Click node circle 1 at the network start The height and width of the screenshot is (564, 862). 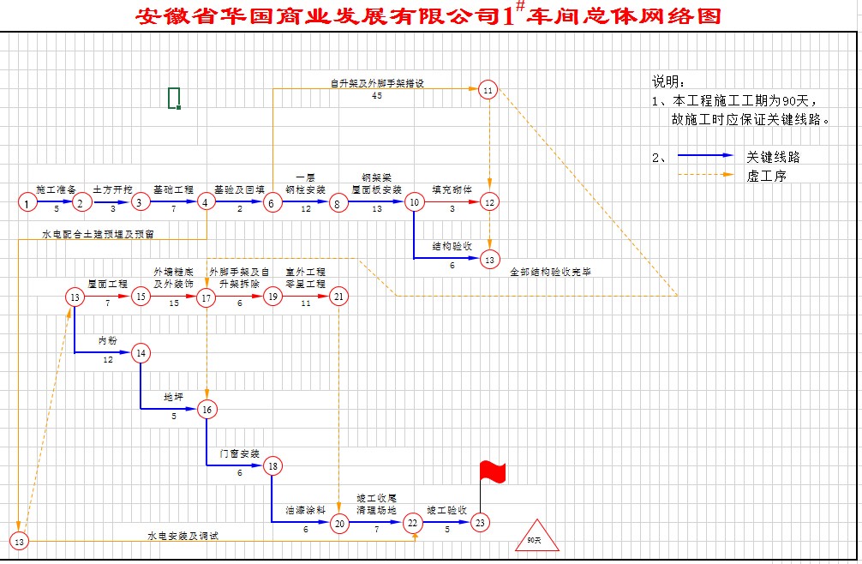point(28,203)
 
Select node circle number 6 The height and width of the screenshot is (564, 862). point(272,203)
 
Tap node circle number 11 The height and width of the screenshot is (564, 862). point(488,90)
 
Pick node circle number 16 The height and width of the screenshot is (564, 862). point(207,410)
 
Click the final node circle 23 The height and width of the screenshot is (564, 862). point(480,522)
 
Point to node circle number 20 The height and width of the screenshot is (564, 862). point(339,522)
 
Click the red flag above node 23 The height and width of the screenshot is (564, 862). point(492,471)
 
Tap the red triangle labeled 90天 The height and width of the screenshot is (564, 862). point(536,537)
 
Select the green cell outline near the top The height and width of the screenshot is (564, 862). point(174,98)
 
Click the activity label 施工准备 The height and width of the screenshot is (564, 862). point(56,189)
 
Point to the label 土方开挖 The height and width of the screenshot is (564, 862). point(112,189)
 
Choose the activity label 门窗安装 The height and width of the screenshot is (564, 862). point(239,453)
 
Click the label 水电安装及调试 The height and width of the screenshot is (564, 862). point(183,536)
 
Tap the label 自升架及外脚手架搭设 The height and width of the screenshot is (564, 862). point(378,83)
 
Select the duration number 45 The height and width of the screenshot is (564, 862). point(377,96)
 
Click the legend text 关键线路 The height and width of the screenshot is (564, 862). point(773,158)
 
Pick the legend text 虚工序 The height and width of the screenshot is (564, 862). point(766,176)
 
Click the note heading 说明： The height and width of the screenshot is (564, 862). point(669,82)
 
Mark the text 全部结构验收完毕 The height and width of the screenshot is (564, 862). point(550,272)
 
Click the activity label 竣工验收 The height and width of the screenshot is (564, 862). point(446,509)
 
